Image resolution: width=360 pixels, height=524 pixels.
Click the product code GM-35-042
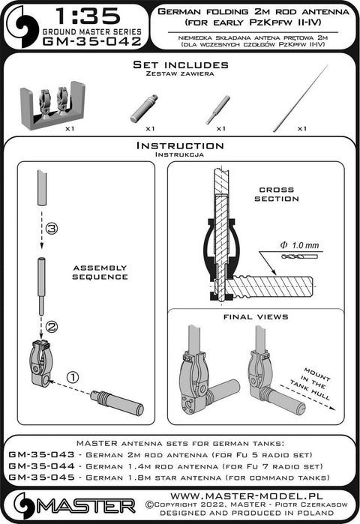[92, 41]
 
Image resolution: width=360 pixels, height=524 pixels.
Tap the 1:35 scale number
[88, 16]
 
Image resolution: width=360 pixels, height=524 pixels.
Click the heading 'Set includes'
[181, 64]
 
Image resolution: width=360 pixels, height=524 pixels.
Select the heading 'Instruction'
[180, 145]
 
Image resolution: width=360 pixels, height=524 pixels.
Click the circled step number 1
[73, 377]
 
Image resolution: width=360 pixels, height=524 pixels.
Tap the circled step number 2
[51, 327]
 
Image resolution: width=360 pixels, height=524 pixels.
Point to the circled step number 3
[52, 229]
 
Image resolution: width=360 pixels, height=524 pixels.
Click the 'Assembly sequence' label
[100, 272]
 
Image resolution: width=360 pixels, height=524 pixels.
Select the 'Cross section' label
[277, 194]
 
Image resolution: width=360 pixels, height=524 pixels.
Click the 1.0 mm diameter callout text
[299, 245]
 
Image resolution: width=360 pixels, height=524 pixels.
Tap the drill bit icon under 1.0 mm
[300, 256]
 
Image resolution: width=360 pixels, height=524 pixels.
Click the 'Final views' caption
[256, 317]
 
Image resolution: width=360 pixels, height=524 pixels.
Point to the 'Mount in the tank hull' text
[310, 383]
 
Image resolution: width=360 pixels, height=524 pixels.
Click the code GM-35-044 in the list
[41, 466]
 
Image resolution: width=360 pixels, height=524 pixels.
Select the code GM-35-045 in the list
[41, 478]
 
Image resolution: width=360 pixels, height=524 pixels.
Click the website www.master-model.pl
[247, 496]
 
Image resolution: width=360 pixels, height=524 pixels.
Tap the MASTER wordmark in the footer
[85, 506]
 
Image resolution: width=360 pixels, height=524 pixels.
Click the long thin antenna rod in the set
[301, 98]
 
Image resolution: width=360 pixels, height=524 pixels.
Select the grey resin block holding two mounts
[52, 105]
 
